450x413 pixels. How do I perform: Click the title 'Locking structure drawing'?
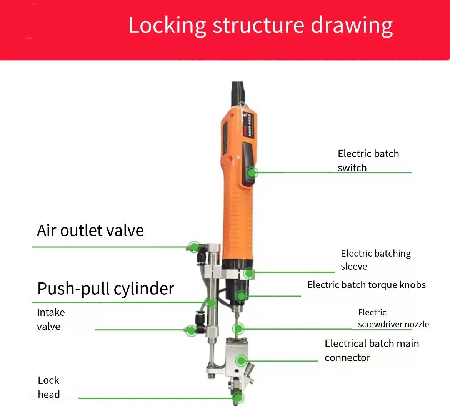coord(260,25)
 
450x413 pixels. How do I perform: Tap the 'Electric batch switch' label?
coord(368,161)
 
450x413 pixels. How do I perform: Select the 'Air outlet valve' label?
coord(90,231)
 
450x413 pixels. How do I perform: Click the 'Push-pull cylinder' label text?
coord(106,289)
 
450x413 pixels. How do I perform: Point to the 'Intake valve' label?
coord(51,319)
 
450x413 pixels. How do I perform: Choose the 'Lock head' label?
coord(49,387)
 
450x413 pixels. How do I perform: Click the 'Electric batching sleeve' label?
coord(375,260)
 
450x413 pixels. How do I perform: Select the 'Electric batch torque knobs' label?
coord(367,285)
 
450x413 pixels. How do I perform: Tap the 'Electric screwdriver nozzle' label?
coord(393,318)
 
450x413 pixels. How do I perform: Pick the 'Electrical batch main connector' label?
coord(372,350)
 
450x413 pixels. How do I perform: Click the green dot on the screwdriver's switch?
coord(252,172)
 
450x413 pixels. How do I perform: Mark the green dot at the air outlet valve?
coord(194,246)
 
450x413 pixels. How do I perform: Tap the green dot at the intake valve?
coord(191,330)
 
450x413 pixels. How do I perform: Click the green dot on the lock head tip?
coord(238,398)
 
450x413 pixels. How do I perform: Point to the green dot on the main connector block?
coord(242,361)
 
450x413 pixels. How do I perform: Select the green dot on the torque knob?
coord(241,296)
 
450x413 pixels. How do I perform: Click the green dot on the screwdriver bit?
coord(238,328)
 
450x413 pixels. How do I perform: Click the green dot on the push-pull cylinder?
coord(211,303)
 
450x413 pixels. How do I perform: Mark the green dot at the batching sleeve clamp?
coord(249,273)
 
